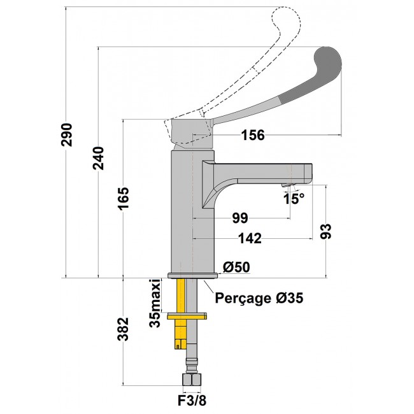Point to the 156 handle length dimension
point(253,135)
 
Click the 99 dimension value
point(239,218)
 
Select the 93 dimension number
point(325,231)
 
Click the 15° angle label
point(294,199)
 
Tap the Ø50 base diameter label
point(236,268)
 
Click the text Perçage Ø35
point(259,297)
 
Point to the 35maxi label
point(154,303)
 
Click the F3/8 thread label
point(192,401)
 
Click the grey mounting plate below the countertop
point(187,315)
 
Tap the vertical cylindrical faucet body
point(192,210)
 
